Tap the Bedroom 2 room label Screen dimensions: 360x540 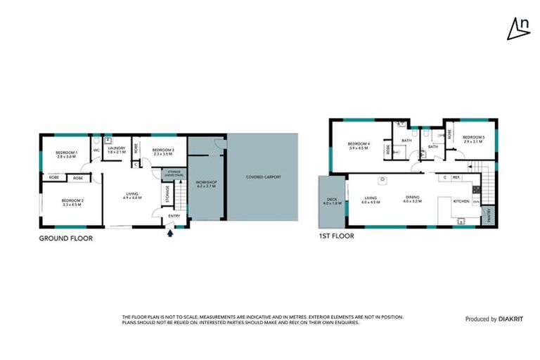(x=72, y=203)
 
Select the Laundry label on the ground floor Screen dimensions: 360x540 (x=116, y=150)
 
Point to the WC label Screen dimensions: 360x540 (x=96, y=150)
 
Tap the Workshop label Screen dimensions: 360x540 (x=207, y=184)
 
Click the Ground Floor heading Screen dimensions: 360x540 (x=65, y=238)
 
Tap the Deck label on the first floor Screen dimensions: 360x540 (x=330, y=201)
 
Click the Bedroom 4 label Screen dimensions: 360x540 (x=359, y=146)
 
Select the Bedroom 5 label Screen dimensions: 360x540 (x=474, y=139)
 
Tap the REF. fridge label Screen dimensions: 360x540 (x=456, y=177)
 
